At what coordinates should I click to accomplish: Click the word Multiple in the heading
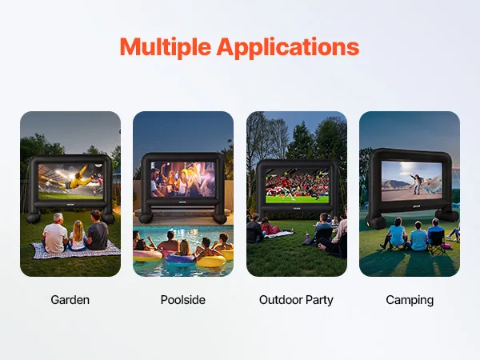[166, 46]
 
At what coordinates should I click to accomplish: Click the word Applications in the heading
[288, 48]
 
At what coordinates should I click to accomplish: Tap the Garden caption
[70, 300]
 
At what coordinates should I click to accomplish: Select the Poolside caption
[183, 300]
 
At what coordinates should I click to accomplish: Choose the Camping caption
[410, 300]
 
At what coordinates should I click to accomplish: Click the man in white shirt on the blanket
[55, 234]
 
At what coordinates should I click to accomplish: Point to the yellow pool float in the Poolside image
[211, 261]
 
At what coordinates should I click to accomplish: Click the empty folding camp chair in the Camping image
[436, 242]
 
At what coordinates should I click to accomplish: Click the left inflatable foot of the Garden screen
[33, 218]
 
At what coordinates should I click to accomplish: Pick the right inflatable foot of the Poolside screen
[220, 218]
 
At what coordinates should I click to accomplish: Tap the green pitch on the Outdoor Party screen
[297, 199]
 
